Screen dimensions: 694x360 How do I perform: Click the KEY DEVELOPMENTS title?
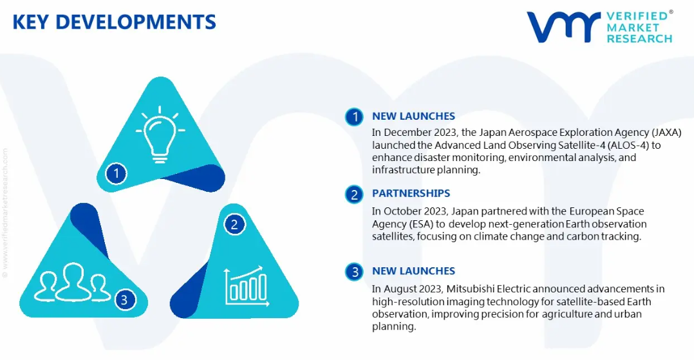pos(114,22)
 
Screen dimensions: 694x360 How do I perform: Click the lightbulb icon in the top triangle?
pos(160,134)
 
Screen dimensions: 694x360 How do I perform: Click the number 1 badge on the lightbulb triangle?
pos(116,173)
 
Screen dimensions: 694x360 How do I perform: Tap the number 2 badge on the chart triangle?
pos(234,225)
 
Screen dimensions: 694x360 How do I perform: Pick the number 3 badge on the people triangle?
pos(124,300)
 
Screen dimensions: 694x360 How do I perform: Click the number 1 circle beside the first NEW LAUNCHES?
pos(354,117)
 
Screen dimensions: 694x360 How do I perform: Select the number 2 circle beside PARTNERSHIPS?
pos(354,194)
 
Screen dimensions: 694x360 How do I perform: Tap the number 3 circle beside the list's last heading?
pos(354,272)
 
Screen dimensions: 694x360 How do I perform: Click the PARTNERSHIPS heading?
pos(411,193)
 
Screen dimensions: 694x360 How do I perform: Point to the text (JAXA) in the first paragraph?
pos(666,133)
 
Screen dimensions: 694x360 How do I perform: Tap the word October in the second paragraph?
pos(401,211)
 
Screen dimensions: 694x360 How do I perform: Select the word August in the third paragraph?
pos(399,290)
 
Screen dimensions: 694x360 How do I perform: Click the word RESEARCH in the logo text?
pos(639,39)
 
